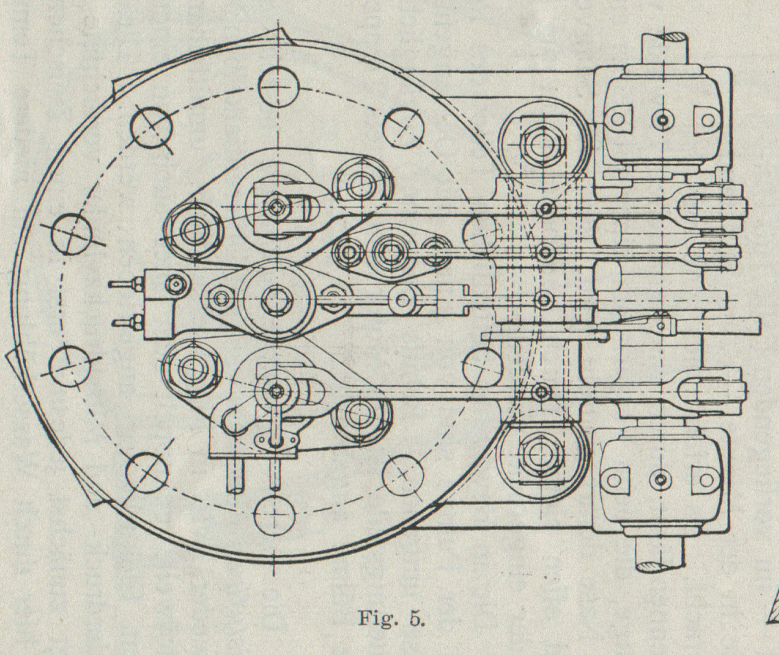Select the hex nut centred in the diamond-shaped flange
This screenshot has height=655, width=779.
pos(277,300)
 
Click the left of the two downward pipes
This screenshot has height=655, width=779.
pos(236,476)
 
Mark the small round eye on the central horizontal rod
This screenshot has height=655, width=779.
pos(401,300)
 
